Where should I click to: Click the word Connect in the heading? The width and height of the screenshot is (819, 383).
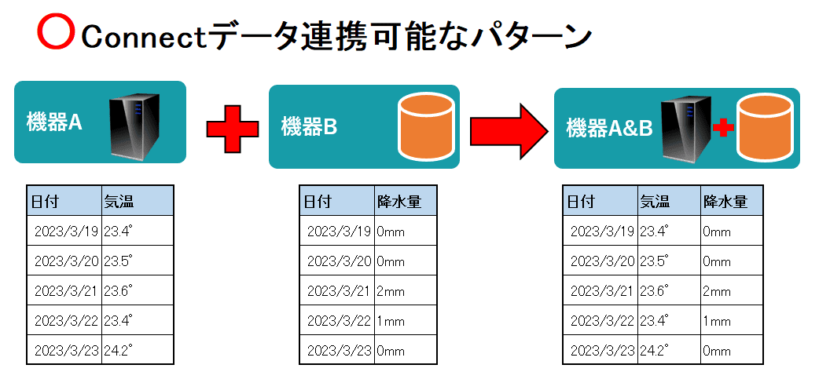coord(141,36)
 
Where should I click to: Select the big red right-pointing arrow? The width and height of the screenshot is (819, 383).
coord(508,127)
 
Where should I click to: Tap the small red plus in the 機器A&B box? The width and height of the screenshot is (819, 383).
coord(723,128)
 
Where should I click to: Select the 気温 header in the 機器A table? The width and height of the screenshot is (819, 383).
coord(119,202)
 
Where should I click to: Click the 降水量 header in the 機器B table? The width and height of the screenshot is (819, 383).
coord(398,202)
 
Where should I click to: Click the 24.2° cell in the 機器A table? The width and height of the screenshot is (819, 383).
coord(119,351)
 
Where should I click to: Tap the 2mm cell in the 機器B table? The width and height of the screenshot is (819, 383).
coord(391,291)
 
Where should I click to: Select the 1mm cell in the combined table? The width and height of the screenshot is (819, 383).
coord(717,321)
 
